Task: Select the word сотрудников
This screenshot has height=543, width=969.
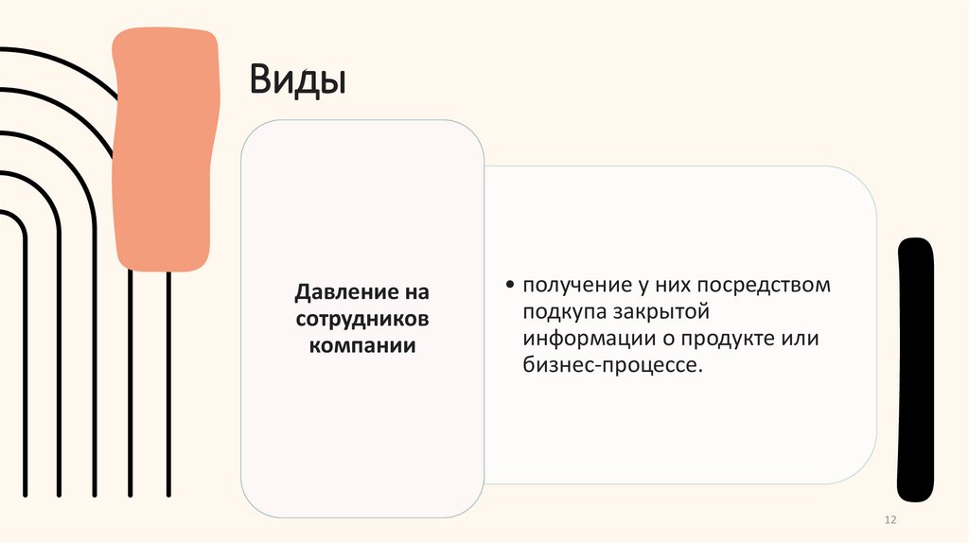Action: (362, 319)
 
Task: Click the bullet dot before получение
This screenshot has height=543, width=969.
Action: (511, 285)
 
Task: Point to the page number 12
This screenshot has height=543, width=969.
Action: (889, 522)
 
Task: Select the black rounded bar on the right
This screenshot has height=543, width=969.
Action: (915, 369)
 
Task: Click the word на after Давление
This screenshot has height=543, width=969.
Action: (416, 293)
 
